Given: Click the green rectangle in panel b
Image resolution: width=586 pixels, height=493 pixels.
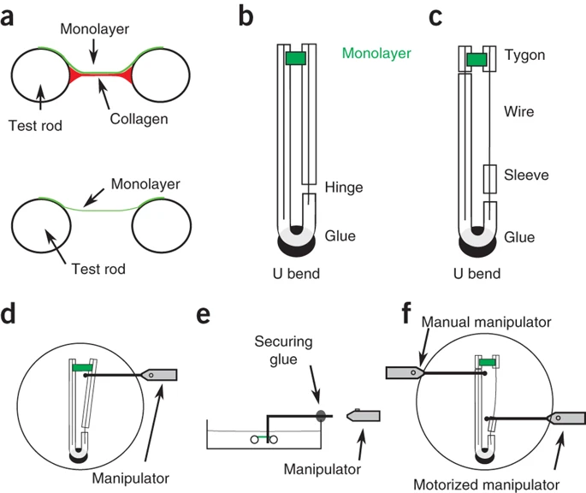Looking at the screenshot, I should pos(294,57).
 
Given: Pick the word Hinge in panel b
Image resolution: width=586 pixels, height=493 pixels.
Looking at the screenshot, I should pos(345,186).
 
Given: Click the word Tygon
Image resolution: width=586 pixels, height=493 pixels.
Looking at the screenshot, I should pos(525,55).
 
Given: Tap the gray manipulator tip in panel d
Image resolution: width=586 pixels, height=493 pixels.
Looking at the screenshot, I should pos(163,375).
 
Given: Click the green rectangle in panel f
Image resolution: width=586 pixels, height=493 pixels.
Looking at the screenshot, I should pos(487,364).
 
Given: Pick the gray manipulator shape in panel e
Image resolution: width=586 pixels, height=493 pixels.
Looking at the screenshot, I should pos(364,416).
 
